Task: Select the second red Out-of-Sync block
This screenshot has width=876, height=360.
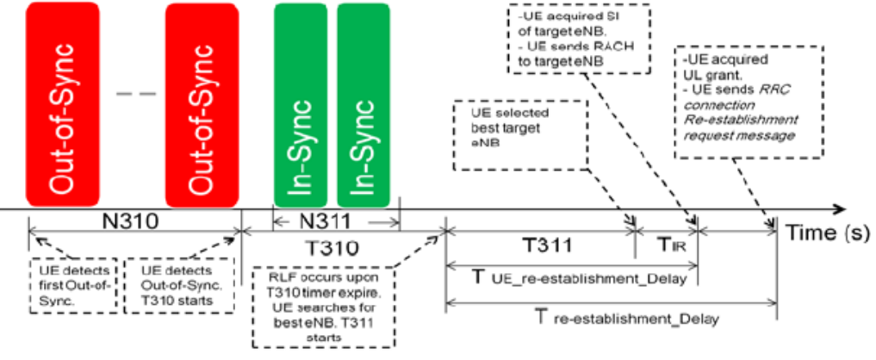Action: (x=202, y=102)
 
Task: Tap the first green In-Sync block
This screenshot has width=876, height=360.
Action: (x=302, y=102)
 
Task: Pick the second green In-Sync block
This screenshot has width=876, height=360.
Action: (x=364, y=102)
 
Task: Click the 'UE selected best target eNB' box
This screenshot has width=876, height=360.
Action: (x=519, y=137)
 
